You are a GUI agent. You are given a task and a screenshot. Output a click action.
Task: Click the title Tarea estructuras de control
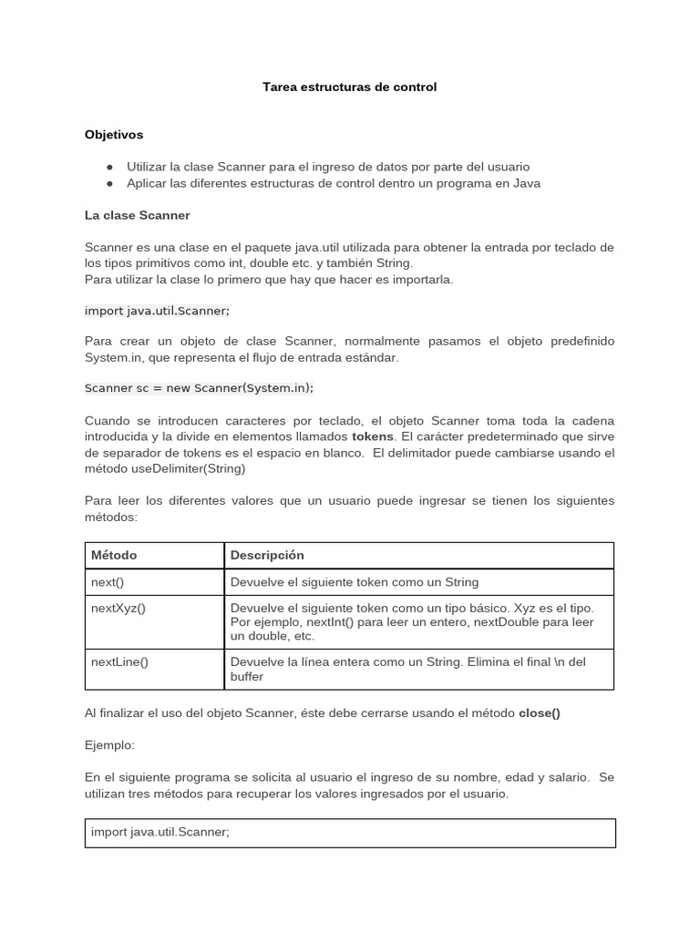click(349, 87)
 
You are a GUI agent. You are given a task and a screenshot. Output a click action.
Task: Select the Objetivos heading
click(114, 135)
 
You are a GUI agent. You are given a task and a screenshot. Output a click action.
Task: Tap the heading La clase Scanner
click(138, 216)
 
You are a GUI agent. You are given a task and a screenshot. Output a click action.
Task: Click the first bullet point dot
click(109, 167)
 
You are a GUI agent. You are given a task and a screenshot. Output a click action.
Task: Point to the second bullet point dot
click(109, 183)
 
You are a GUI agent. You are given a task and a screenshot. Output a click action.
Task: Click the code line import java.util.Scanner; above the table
click(157, 310)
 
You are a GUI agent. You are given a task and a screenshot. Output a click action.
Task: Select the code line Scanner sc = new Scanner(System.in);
click(199, 387)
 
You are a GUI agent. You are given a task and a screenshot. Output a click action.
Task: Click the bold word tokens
click(373, 436)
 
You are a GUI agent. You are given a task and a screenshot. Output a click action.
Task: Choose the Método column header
click(114, 555)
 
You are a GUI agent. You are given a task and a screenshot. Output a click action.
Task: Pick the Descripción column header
click(267, 555)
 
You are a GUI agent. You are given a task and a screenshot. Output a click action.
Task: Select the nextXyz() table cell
click(118, 608)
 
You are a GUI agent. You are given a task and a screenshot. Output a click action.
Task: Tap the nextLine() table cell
click(119, 661)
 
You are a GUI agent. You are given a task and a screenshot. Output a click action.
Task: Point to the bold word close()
click(540, 713)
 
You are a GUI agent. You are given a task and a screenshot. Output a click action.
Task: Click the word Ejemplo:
click(109, 745)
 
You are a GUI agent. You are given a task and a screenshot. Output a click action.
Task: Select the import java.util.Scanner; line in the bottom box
click(160, 831)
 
